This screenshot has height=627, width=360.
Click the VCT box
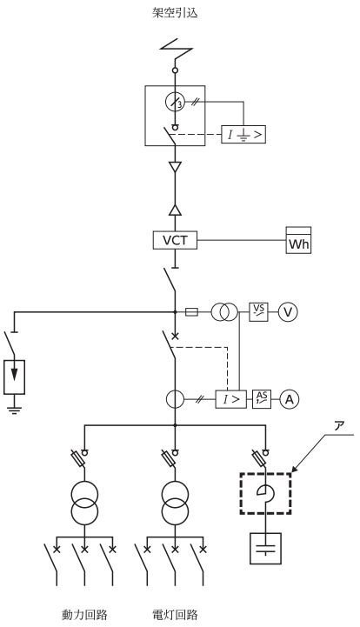point(175,240)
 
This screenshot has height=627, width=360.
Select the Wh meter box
point(298,240)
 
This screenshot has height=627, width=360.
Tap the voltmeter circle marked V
point(288,312)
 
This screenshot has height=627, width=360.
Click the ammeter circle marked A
point(290,399)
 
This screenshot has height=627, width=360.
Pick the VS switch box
point(259,312)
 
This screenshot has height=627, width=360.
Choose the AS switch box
point(262,399)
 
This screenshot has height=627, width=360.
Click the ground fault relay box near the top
point(243,135)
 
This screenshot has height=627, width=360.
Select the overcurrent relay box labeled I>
point(231,399)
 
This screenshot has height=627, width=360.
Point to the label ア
point(339,426)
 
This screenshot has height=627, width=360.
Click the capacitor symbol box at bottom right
point(265,548)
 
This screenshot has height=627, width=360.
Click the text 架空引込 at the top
point(175,12)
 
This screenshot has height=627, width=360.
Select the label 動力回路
point(85,614)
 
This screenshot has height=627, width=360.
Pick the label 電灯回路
point(175,614)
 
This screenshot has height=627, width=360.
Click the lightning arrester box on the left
point(15,377)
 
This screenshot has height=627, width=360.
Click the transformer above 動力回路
point(85,503)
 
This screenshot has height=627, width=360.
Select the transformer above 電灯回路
point(175,503)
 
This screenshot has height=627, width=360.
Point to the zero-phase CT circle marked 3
point(175,103)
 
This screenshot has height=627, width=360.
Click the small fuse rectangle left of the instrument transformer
point(191,312)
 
